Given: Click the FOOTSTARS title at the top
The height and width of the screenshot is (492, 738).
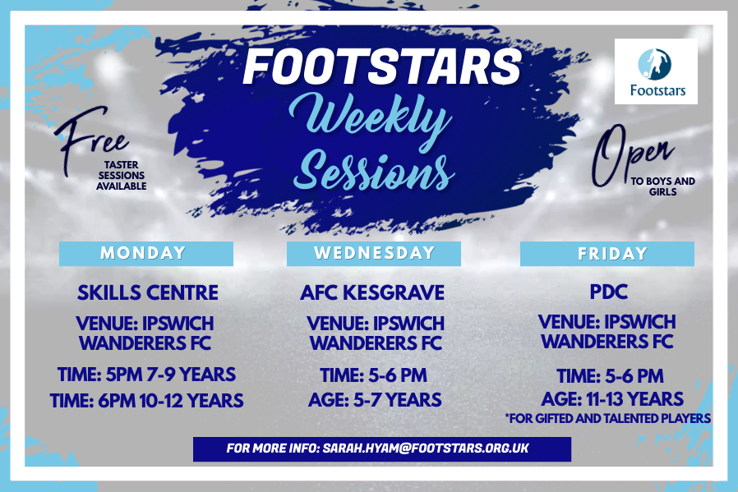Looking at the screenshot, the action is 381,67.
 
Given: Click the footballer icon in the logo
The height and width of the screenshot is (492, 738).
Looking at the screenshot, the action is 654,64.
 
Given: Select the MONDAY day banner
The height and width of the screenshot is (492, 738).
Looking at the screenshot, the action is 146,254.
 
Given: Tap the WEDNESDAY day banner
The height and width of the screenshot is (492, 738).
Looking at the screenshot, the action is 374,254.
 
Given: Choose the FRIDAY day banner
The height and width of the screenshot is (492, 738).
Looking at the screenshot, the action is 607,254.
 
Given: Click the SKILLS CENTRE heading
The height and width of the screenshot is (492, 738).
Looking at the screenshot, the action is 148,292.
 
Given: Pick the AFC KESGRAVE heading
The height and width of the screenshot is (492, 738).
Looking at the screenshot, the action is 372,292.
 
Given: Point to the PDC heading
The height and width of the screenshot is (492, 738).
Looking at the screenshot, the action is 609,292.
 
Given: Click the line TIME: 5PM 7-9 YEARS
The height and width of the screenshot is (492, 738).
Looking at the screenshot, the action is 146,375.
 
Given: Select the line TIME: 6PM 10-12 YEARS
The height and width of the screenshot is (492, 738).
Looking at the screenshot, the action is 146,401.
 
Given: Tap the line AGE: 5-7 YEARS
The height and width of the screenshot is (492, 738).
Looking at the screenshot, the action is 375,400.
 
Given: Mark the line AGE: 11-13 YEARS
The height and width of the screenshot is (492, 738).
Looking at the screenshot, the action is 612,399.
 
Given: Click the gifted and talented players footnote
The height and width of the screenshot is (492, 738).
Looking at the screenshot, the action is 607,418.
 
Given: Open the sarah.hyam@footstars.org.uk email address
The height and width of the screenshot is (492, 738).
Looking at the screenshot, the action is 426,448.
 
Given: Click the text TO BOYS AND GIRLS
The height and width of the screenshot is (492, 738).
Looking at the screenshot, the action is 662,186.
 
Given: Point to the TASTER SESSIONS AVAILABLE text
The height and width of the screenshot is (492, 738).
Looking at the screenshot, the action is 122,176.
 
